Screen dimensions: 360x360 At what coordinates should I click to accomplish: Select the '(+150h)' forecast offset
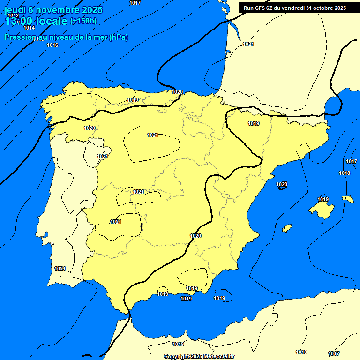click(x=83, y=21)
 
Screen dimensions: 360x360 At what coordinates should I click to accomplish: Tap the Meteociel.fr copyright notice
click(x=199, y=356)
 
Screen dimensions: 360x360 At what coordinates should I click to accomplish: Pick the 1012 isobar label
click(x=13, y=15)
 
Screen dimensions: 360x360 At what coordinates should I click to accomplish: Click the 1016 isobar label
click(x=52, y=45)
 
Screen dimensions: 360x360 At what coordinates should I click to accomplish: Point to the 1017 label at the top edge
click(x=135, y=3)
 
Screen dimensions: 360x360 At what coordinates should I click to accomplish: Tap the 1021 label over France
click(x=248, y=44)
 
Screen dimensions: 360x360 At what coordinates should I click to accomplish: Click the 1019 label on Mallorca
click(x=323, y=199)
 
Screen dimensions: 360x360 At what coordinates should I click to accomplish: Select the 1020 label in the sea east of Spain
click(x=282, y=184)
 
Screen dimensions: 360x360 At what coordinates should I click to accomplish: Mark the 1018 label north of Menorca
click(x=345, y=173)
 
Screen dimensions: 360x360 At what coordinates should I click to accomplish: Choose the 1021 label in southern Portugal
click(x=60, y=269)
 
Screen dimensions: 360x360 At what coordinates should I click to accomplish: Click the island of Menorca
click(x=348, y=199)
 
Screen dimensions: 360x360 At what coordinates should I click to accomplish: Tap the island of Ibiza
click(x=287, y=228)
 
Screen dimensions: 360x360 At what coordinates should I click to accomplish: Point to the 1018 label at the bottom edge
click(x=301, y=352)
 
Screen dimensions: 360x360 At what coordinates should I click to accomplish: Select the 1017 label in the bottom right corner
click(x=334, y=353)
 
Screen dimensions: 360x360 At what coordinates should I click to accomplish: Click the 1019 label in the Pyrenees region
click(x=254, y=123)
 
